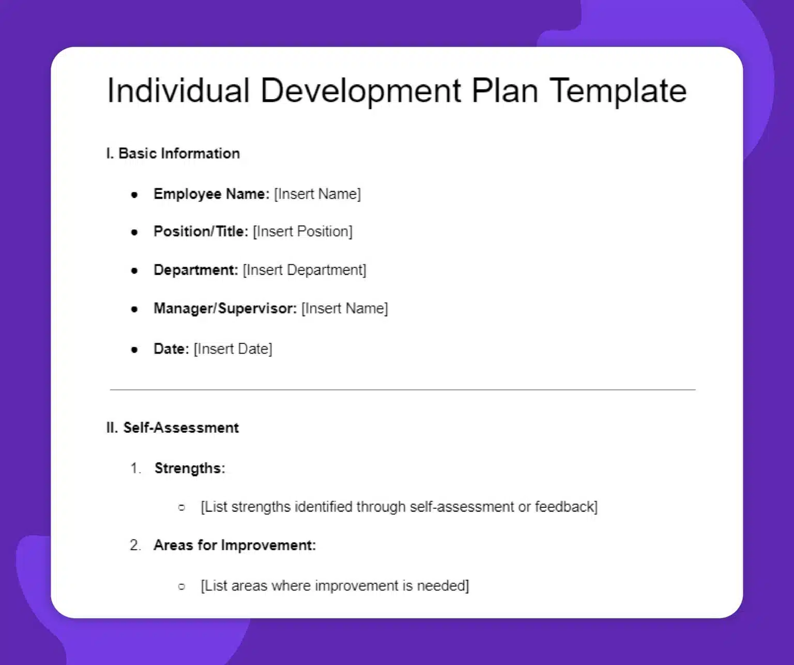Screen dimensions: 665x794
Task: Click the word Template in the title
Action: click(618, 91)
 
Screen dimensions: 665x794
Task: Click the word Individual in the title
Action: click(178, 91)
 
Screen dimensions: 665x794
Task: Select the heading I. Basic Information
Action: click(173, 154)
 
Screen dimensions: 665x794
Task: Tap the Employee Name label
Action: click(211, 194)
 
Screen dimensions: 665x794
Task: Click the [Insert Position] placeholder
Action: click(302, 231)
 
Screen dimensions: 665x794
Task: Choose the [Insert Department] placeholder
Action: click(304, 270)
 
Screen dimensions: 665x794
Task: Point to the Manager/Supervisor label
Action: click(225, 309)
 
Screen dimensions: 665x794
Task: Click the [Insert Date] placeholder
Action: click(233, 349)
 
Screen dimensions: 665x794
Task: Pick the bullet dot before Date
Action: click(134, 350)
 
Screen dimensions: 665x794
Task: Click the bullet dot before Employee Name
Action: click(134, 195)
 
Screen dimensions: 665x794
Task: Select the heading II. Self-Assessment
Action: click(173, 428)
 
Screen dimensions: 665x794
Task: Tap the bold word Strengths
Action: click(189, 468)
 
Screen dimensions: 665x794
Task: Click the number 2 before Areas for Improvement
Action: click(134, 545)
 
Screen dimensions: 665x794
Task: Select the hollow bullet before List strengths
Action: click(181, 508)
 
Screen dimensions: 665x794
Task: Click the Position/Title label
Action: click(201, 231)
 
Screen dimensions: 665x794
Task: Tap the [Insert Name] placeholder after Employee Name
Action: click(317, 194)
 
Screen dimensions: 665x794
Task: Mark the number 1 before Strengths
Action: click(134, 468)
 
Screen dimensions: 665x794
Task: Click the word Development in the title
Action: click(360, 91)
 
